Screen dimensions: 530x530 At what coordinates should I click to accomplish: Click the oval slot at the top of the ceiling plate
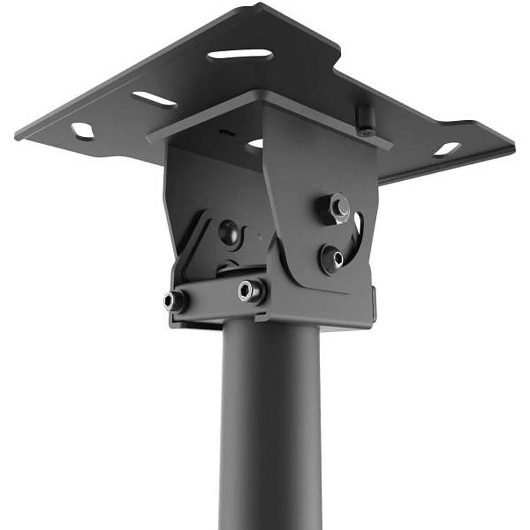click(x=240, y=55)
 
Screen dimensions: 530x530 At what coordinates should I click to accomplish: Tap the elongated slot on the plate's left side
click(x=154, y=99)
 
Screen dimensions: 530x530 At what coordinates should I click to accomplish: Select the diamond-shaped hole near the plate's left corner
click(x=82, y=131)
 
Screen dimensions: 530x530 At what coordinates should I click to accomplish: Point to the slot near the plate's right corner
click(x=447, y=149)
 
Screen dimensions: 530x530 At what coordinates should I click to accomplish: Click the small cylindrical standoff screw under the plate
click(x=365, y=121)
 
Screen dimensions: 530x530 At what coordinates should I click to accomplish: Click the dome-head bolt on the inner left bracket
click(x=229, y=232)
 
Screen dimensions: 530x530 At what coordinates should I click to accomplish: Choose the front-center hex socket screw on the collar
click(x=250, y=290)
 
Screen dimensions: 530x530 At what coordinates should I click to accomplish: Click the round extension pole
click(x=270, y=424)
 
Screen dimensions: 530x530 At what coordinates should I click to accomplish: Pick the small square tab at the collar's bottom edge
click(x=261, y=318)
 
